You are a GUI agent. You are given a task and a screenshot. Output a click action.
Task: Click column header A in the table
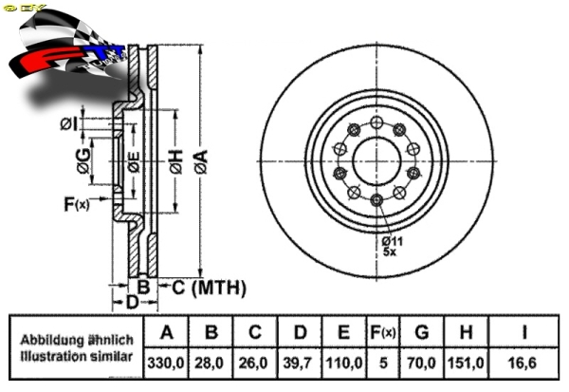click(167, 333)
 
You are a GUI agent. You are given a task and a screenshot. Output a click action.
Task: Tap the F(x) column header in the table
click(381, 333)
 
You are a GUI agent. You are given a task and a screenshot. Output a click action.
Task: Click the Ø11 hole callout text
click(393, 241)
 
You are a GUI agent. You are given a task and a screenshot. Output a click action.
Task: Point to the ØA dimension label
click(201, 162)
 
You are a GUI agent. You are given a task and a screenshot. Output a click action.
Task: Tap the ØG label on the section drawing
click(83, 163)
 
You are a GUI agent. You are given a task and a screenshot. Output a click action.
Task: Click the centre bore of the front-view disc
click(376, 162)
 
